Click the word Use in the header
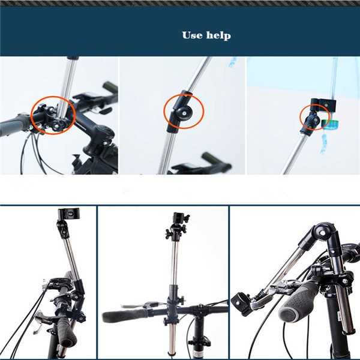point(192,35)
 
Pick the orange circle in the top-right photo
point(311,118)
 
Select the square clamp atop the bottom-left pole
point(68,214)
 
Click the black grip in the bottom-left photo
point(65,331)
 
